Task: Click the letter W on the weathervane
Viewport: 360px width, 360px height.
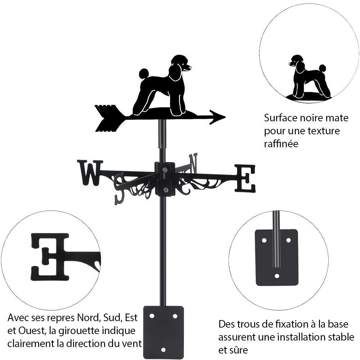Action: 90,173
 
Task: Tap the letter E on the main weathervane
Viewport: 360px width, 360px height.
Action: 246,178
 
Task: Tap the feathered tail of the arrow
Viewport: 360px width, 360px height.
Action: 108,118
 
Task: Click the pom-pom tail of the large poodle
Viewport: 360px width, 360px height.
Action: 144,73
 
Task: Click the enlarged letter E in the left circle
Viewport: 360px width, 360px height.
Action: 49,256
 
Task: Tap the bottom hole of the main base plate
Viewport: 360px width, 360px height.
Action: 163,349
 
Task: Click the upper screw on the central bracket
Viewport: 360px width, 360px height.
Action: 165,170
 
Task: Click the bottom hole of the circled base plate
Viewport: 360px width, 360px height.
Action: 276,276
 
